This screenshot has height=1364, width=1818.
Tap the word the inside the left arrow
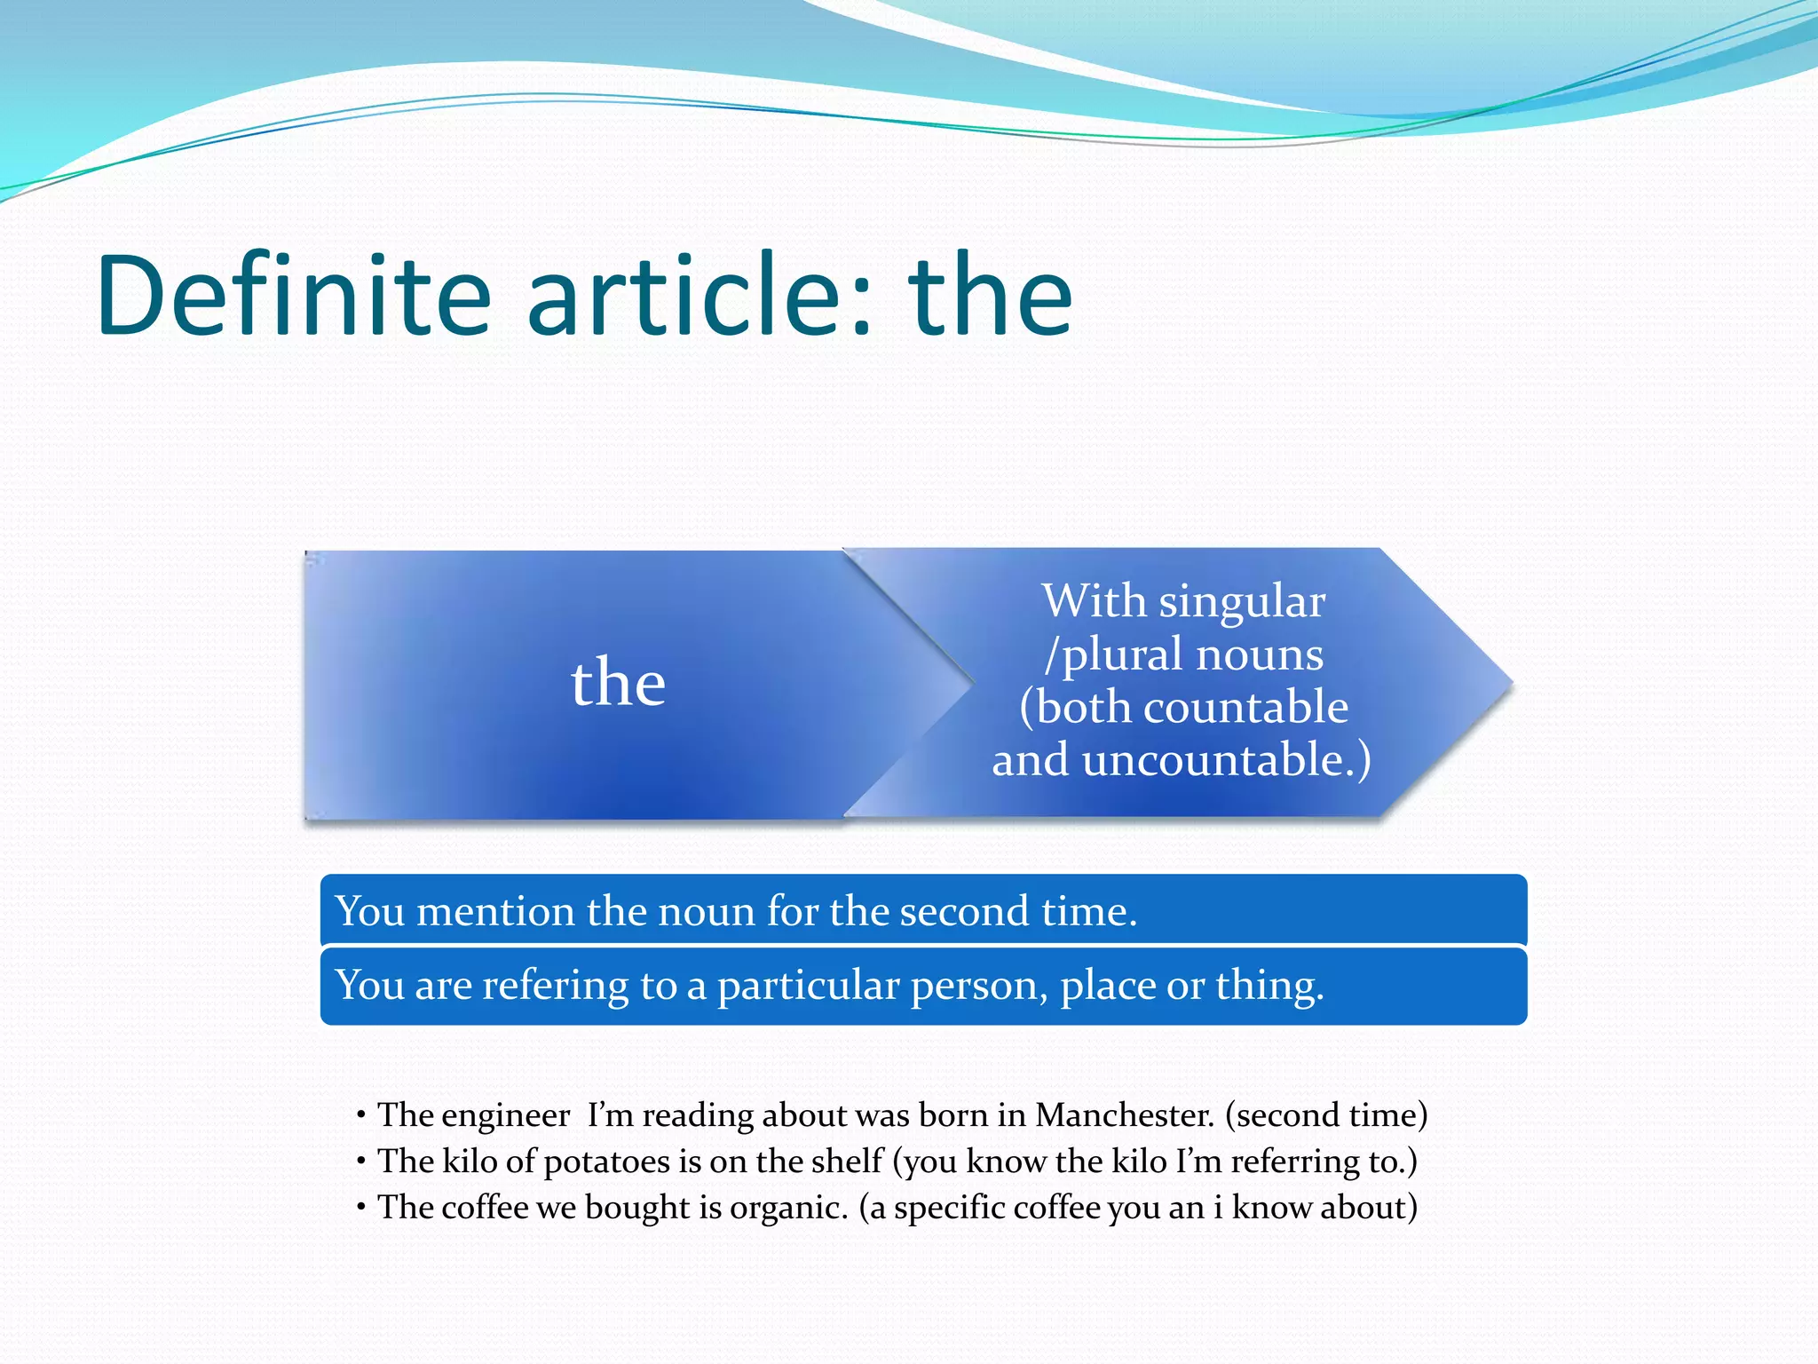click(x=618, y=683)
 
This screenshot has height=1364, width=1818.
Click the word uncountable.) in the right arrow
click(x=1226, y=760)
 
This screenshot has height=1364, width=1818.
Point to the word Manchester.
click(x=1124, y=1115)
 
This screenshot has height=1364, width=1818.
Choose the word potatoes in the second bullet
click(x=606, y=1162)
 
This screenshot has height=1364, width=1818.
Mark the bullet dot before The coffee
click(x=361, y=1208)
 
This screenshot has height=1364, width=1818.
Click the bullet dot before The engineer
click(x=361, y=1115)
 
